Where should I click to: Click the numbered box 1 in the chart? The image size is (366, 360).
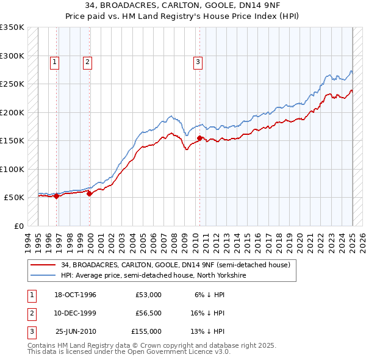pyautogui.click(x=55, y=61)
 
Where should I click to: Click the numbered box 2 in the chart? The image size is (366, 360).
pyautogui.click(x=88, y=61)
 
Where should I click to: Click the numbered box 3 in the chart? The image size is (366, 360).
pyautogui.click(x=198, y=61)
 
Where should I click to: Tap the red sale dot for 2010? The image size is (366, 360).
pyautogui.click(x=199, y=139)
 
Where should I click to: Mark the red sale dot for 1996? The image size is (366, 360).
pyautogui.click(x=56, y=196)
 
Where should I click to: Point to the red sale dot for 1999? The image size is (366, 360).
pyautogui.click(x=89, y=193)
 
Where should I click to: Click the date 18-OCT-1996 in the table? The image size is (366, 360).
pyautogui.click(x=76, y=295)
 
